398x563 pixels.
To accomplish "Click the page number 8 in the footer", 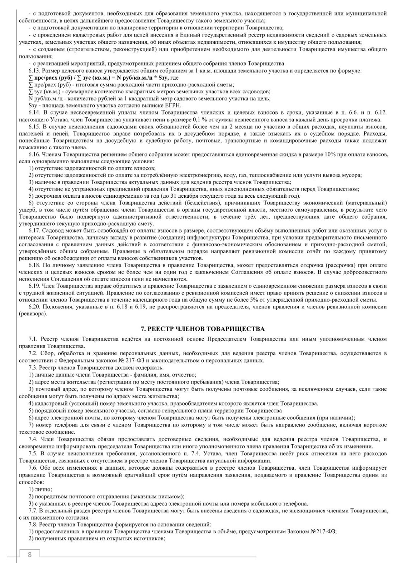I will [x=30, y=555].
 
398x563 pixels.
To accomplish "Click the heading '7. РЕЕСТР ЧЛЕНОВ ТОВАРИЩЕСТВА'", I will [x=203, y=329].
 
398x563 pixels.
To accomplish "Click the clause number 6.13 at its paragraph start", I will [x=35, y=71].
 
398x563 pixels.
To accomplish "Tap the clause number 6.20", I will [x=35, y=307].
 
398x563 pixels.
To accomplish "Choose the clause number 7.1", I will [x=33, y=339].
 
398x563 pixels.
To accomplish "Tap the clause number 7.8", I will [x=33, y=524].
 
